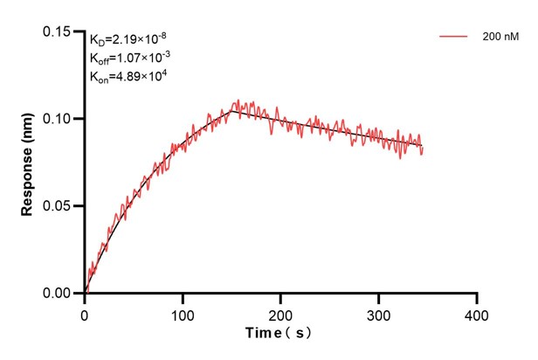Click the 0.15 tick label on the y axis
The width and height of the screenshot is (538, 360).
pyautogui.click(x=59, y=31)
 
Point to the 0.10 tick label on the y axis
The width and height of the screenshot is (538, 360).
pyautogui.click(x=59, y=119)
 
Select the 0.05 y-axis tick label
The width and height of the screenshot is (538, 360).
pyautogui.click(x=59, y=206)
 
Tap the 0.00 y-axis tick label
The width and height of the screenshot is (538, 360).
pyautogui.click(x=59, y=294)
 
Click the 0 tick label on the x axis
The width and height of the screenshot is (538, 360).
pyautogui.click(x=85, y=312)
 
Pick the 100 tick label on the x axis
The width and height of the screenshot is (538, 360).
pyautogui.click(x=183, y=312)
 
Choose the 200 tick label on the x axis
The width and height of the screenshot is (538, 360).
pyautogui.click(x=280, y=312)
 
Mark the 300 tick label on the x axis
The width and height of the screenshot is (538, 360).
pyautogui.click(x=378, y=312)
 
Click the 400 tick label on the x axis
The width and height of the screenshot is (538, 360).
pyautogui.click(x=476, y=312)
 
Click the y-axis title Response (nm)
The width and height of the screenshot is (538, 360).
pyautogui.click(x=27, y=163)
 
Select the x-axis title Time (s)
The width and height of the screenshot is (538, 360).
pyautogui.click(x=279, y=334)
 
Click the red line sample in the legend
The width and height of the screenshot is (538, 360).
pyautogui.click(x=454, y=38)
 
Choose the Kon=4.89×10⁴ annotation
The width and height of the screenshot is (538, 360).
pyautogui.click(x=128, y=77)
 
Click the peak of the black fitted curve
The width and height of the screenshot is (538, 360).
pyautogui.click(x=231, y=110)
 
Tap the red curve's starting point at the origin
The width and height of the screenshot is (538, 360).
pyautogui.click(x=86, y=292)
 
